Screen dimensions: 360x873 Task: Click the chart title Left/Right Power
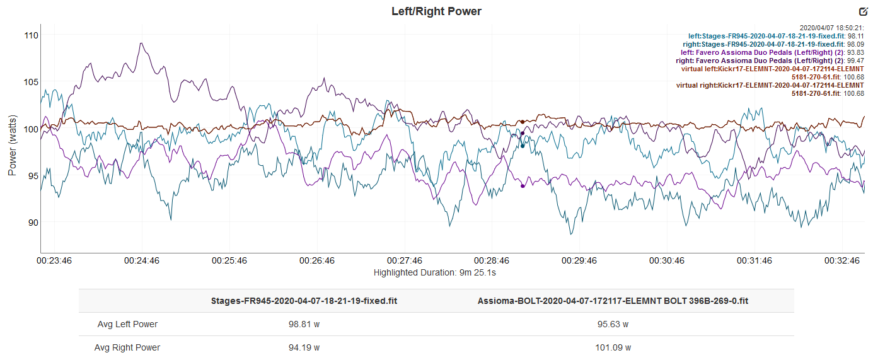pyautogui.click(x=436, y=11)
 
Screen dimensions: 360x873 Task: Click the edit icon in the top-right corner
pyautogui.click(x=863, y=11)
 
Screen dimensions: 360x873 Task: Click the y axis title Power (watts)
pyautogui.click(x=12, y=144)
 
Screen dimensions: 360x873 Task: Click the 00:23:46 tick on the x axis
pyautogui.click(x=54, y=260)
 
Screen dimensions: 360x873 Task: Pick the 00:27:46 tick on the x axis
pyautogui.click(x=405, y=260)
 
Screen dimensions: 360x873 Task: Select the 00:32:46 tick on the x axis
pyautogui.click(x=842, y=260)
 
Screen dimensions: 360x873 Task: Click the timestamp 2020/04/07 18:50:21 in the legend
pyautogui.click(x=831, y=28)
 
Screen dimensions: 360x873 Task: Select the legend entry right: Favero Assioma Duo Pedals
pyautogui.click(x=770, y=61)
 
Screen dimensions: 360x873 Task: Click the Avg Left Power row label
pyautogui.click(x=127, y=324)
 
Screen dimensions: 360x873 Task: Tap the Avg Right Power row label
pyautogui.click(x=127, y=347)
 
